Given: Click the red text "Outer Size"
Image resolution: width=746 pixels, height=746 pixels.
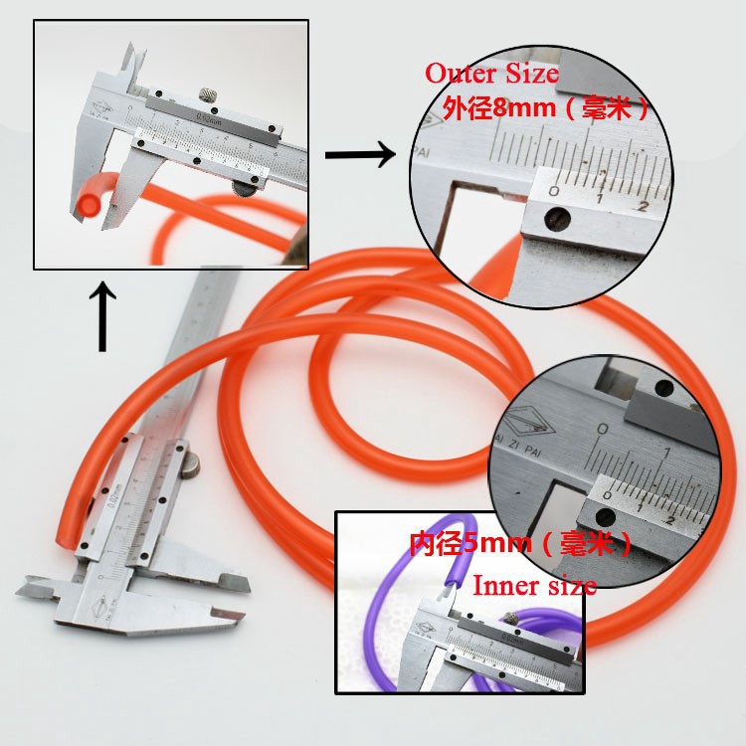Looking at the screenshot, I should tap(491, 75).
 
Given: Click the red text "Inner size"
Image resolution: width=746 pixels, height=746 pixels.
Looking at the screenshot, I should tap(533, 585).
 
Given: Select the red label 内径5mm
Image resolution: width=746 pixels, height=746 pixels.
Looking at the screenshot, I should tap(522, 544).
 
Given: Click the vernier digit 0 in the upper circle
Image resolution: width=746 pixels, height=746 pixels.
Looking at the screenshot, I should tap(554, 192).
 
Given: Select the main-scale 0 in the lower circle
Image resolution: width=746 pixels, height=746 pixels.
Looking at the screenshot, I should tap(604, 430).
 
